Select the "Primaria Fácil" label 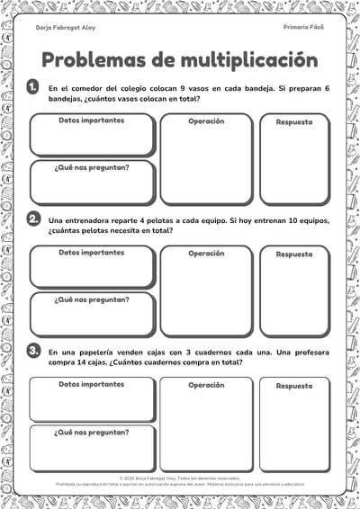point(302,28)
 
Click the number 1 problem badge point(33,86)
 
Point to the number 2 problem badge point(33,219)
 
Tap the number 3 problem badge point(33,351)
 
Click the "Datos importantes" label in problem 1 point(92,121)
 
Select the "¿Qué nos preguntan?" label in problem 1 point(91,166)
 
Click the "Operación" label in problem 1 point(206,121)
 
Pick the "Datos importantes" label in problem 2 point(92,253)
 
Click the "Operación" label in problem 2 point(206,254)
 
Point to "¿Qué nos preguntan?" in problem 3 point(91,432)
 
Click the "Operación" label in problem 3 point(206,385)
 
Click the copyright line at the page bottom point(180,478)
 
